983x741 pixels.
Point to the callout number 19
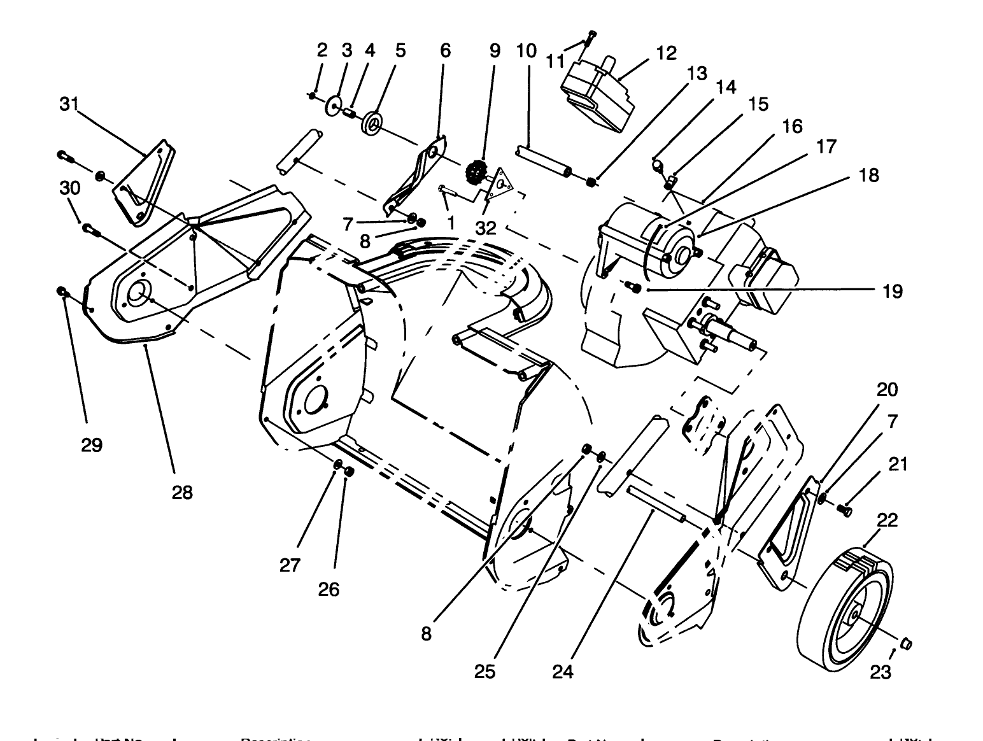pos(893,292)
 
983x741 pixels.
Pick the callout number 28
pos(182,492)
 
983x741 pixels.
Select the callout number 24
pos(563,671)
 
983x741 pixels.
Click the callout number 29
pos(92,444)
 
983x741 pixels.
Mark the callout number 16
pos(792,126)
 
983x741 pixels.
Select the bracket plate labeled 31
pos(145,181)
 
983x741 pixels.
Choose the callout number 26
pos(329,589)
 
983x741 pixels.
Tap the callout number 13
pos(697,73)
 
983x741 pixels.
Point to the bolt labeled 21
pos(847,509)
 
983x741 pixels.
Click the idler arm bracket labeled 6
pos(417,175)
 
